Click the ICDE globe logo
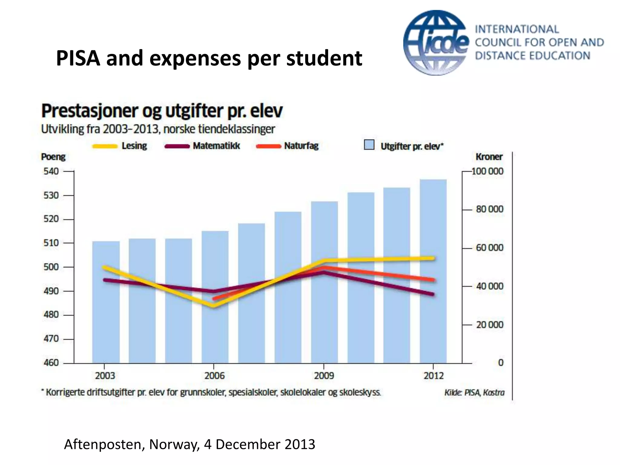pos(436,42)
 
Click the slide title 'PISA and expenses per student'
pos(209,58)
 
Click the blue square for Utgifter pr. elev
pos(369,145)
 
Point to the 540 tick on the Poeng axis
pos(51,171)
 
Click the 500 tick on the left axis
pos(51,267)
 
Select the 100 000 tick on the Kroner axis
pos(487,171)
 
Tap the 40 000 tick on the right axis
pos(489,286)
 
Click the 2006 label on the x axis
pos(214,376)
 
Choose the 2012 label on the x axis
pos(434,376)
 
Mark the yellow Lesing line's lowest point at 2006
pos(214,305)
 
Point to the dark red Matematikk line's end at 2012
pos(433,294)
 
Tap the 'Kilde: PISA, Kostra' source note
pos(474,393)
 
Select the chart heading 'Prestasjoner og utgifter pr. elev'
pos(162,111)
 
